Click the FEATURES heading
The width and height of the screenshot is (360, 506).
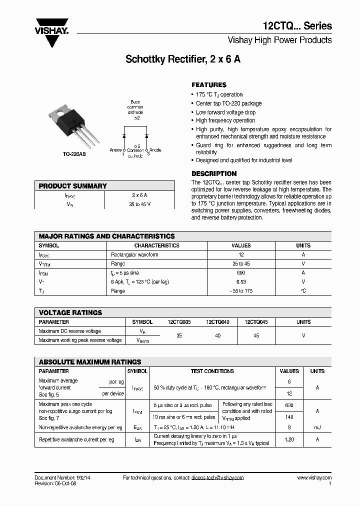(x=209, y=85)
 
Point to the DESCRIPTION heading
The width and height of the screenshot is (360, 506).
(x=214, y=173)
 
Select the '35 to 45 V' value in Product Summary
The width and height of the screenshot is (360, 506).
(x=139, y=204)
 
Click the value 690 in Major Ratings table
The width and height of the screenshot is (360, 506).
(x=241, y=273)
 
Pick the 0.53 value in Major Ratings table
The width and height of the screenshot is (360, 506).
(x=241, y=282)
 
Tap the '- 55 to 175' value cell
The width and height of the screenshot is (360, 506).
(x=241, y=291)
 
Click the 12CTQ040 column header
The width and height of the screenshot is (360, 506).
(x=217, y=322)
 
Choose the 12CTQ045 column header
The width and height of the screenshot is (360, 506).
(x=256, y=322)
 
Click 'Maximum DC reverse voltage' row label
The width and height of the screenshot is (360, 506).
(x=69, y=331)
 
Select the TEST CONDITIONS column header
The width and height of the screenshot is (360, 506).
(x=212, y=371)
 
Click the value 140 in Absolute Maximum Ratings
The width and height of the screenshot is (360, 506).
(x=289, y=417)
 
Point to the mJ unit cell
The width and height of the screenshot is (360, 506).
(x=317, y=427)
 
